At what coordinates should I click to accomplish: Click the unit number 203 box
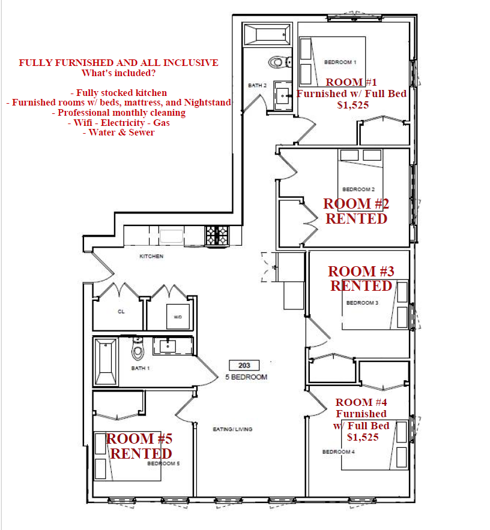pyautogui.click(x=244, y=365)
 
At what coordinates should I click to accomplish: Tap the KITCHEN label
pyautogui.click(x=151, y=256)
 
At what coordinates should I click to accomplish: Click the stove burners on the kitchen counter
pyautogui.click(x=217, y=235)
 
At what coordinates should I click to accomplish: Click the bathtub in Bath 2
pyautogui.click(x=267, y=34)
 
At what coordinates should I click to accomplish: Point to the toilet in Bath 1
pyautogui.click(x=138, y=348)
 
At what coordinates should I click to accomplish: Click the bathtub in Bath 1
pyautogui.click(x=106, y=362)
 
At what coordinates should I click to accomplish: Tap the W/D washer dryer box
pyautogui.click(x=178, y=317)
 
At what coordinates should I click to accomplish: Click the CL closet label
pyautogui.click(x=121, y=312)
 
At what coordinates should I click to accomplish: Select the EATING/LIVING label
pyautogui.click(x=232, y=429)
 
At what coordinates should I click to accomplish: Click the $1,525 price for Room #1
pyautogui.click(x=353, y=105)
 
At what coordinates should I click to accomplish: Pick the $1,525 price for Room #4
pyautogui.click(x=363, y=438)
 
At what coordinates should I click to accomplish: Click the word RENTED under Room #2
pyautogui.click(x=356, y=219)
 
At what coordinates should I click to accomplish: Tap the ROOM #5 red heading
pyautogui.click(x=139, y=439)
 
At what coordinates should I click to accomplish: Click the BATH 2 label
pyautogui.click(x=258, y=86)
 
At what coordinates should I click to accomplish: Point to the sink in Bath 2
pyautogui.click(x=283, y=96)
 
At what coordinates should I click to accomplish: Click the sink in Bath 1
pyautogui.click(x=168, y=346)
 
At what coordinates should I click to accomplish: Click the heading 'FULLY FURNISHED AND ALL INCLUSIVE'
pyautogui.click(x=118, y=63)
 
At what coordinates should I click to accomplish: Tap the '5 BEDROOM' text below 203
pyautogui.click(x=246, y=377)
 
